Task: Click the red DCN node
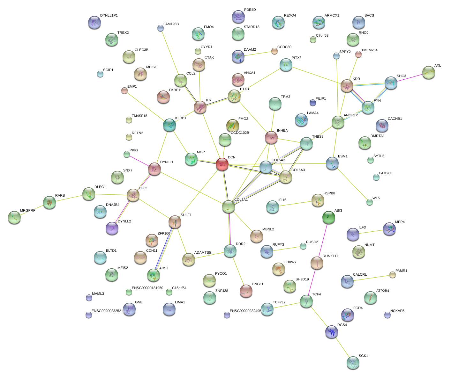pos(222,164)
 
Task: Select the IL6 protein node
pos(200,107)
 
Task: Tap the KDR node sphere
pos(347,86)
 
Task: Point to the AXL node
pos(428,72)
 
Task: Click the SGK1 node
pos(353,363)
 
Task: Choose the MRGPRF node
pos(14,217)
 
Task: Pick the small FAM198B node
pos(161,28)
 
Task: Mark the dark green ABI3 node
pos(328,217)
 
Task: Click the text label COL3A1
pos(241,200)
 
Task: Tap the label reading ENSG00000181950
pos(147,288)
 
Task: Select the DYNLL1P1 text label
pos(109,16)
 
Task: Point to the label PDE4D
pos(250,10)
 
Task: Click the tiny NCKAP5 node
pos(387,315)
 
